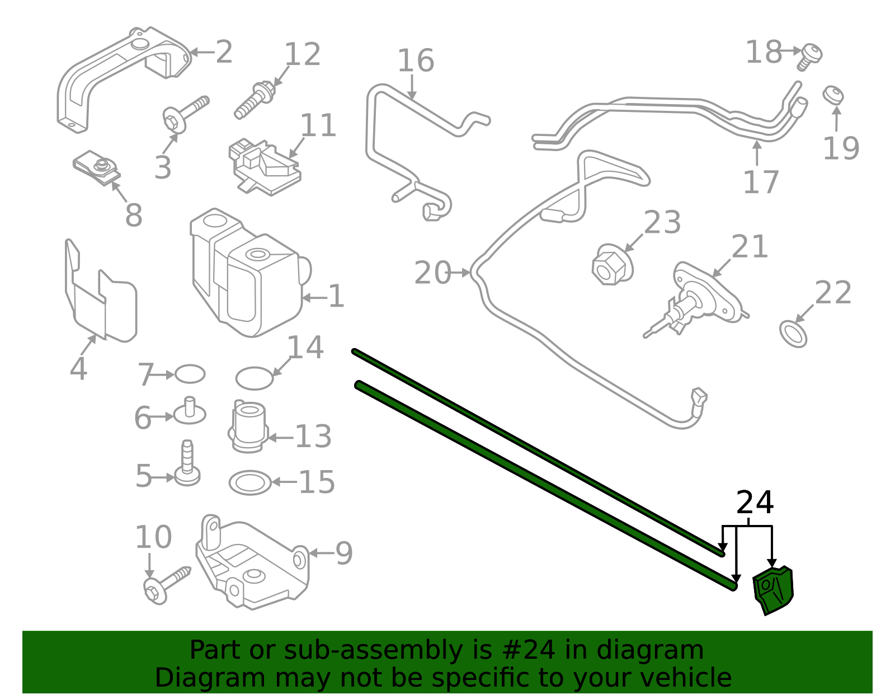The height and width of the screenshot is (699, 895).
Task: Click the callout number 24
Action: click(755, 503)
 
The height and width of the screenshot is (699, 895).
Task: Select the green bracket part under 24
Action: click(774, 591)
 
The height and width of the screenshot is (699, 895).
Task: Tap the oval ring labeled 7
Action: click(190, 374)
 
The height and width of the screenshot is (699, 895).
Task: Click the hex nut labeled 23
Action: click(611, 265)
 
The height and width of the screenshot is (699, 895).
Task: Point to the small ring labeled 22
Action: click(793, 334)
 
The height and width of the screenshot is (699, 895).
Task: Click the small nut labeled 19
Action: click(833, 95)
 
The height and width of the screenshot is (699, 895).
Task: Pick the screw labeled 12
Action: click(255, 100)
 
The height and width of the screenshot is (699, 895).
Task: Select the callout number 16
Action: click(415, 61)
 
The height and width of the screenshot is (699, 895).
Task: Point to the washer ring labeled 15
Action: click(250, 482)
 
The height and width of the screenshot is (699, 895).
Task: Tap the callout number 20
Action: click(432, 273)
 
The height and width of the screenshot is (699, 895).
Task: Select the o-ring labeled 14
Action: click(255, 378)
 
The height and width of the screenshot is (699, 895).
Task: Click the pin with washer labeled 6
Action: click(190, 411)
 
